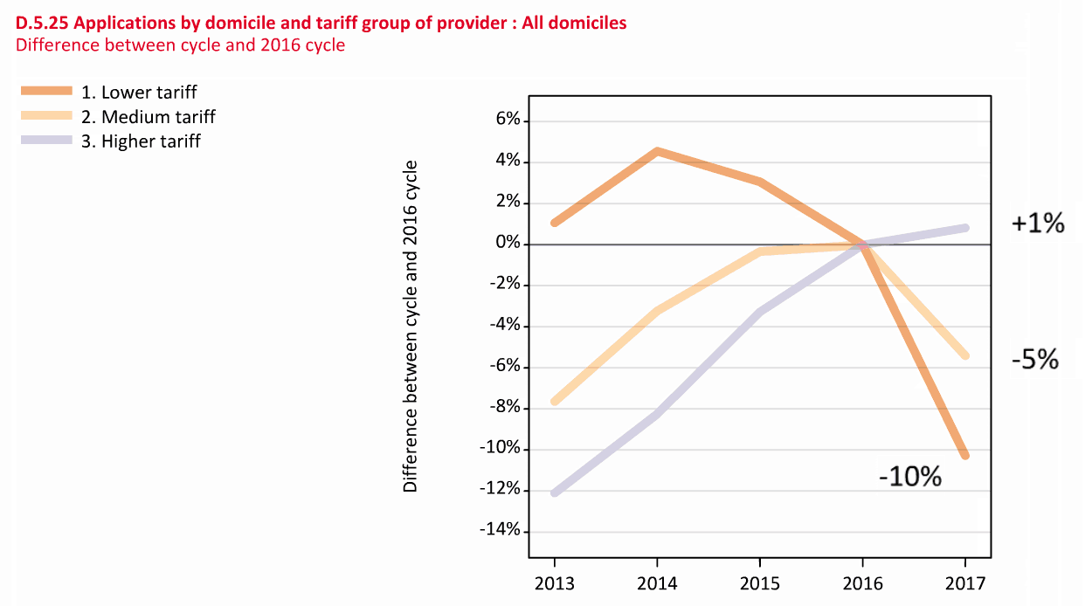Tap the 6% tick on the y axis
coord(508,121)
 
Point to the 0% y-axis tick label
coord(508,244)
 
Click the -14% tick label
coord(501,531)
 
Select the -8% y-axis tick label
coord(504,408)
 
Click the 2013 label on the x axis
coord(554,582)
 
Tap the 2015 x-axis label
coord(760,582)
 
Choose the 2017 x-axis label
coord(965,582)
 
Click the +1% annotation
coord(1038,224)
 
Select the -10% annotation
coord(909,477)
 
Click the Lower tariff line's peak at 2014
coord(657,151)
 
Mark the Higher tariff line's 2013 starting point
coord(554,493)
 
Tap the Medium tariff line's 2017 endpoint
coord(965,355)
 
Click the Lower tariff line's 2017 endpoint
coord(965,455)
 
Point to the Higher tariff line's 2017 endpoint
coord(965,228)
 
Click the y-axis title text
coord(411,327)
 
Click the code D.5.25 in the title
coord(42,24)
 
